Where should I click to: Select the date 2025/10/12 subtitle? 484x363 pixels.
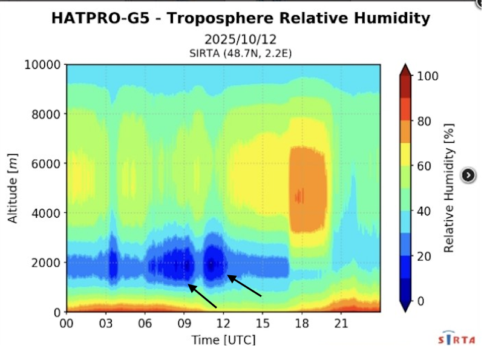click(241, 39)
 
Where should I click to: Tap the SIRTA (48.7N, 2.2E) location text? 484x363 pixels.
click(241, 53)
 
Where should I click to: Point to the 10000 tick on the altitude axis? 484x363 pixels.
click(43, 65)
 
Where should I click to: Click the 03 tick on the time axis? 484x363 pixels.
click(106, 322)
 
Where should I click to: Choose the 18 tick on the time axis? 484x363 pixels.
click(301, 322)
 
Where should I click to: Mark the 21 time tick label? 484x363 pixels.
click(341, 322)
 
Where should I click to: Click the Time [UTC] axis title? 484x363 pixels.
click(223, 340)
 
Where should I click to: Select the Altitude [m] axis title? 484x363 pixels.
click(13, 188)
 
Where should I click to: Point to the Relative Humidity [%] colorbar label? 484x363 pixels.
click(449, 188)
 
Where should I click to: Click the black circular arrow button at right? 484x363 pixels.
click(468, 175)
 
